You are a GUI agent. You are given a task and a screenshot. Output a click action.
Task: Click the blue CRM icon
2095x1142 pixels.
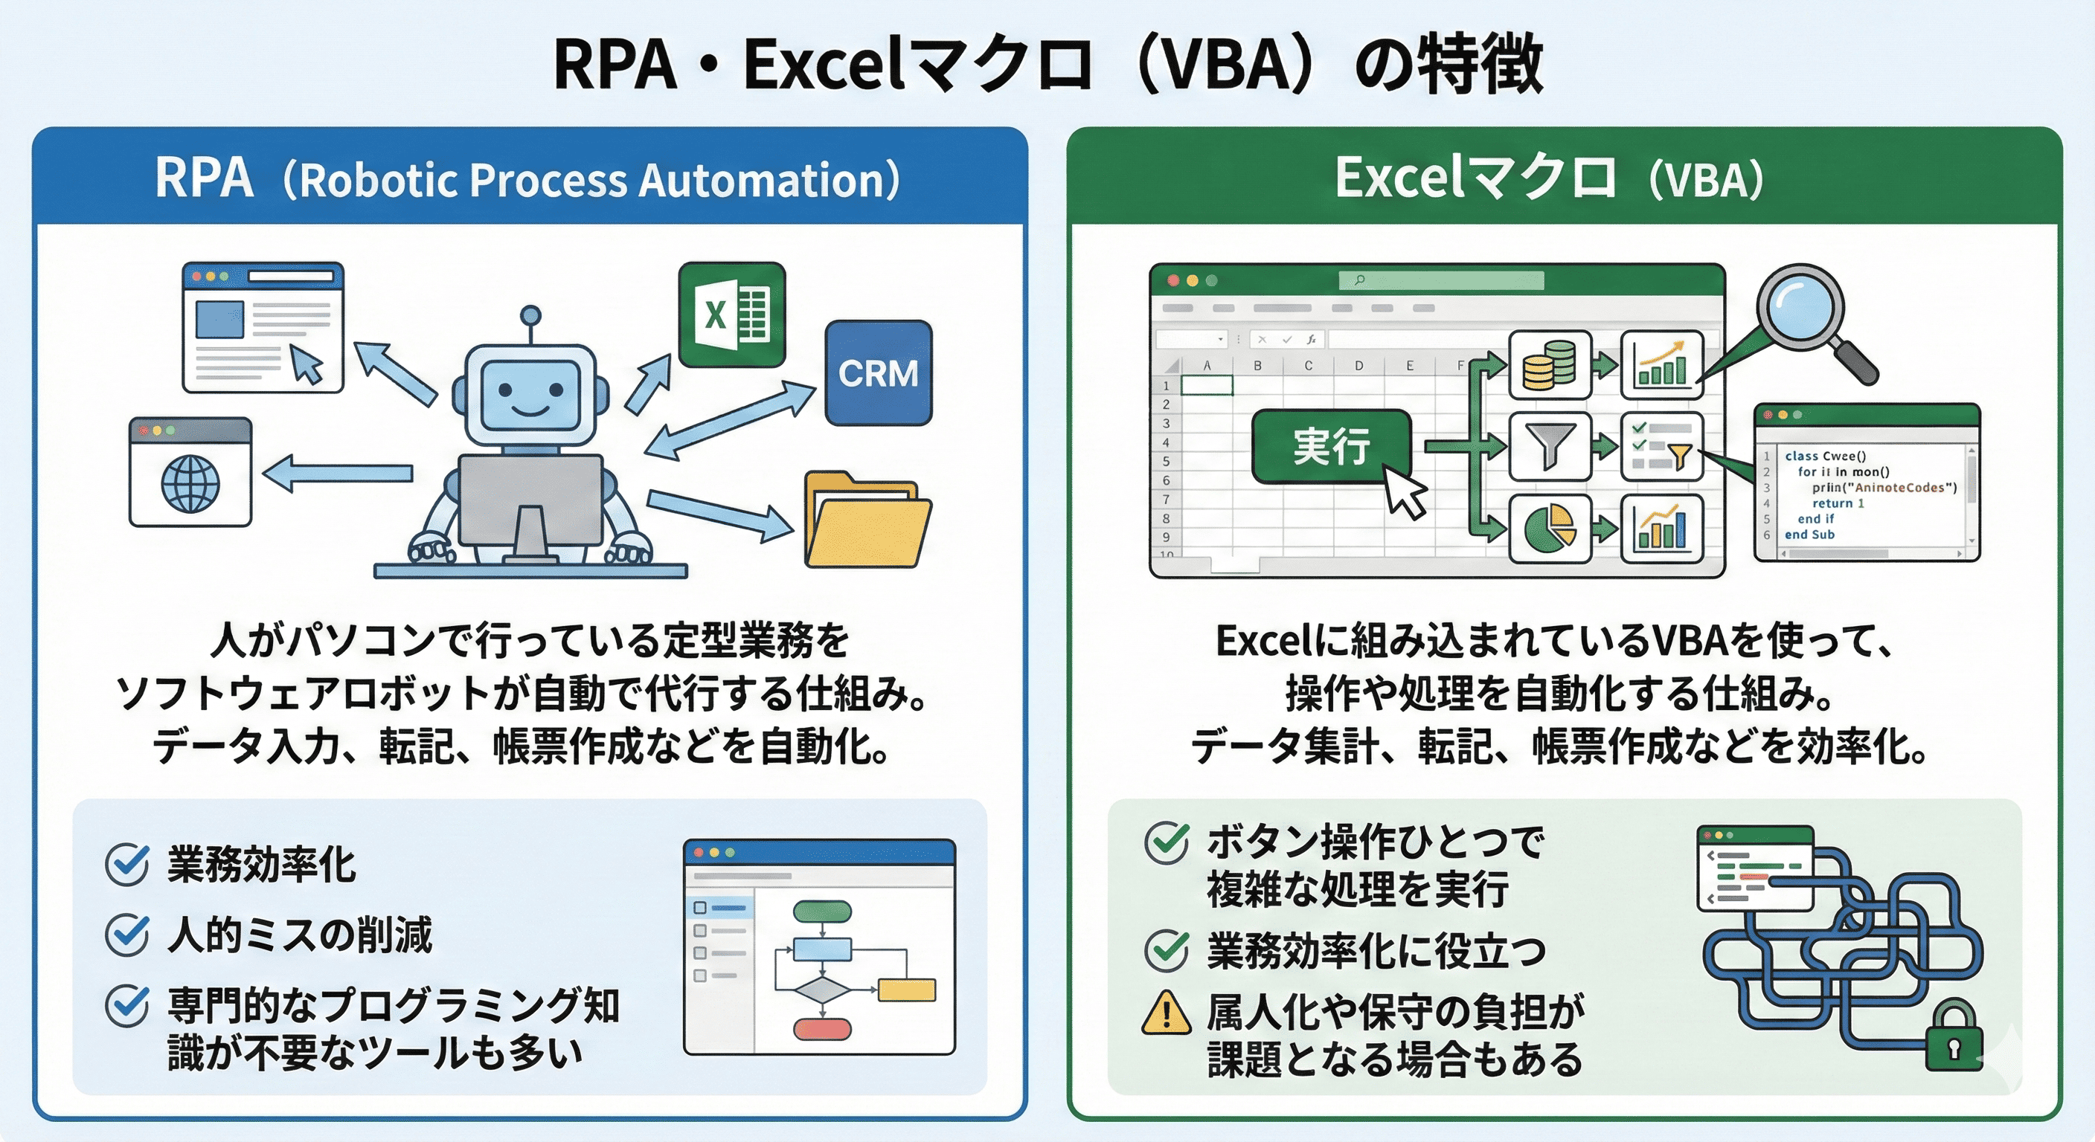pyautogui.click(x=879, y=373)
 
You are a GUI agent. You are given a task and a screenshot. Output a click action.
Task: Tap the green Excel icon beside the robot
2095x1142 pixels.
pyautogui.click(x=732, y=314)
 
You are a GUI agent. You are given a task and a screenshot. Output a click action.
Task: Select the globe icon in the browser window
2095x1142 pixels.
pyautogui.click(x=190, y=483)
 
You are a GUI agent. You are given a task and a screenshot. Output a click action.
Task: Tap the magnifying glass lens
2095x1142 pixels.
pyautogui.click(x=1800, y=312)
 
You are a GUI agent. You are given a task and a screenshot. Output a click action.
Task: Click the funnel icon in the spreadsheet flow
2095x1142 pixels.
pyautogui.click(x=1550, y=446)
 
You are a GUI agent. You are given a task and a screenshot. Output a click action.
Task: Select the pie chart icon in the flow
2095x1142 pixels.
pyautogui.click(x=1549, y=529)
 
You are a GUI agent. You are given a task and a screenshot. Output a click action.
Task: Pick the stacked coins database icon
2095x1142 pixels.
pyautogui.click(x=1549, y=365)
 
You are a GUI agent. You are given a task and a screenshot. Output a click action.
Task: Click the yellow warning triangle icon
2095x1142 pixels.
pyautogui.click(x=1167, y=1013)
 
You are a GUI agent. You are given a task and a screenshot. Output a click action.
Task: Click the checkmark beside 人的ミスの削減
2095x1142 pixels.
pyautogui.click(x=128, y=935)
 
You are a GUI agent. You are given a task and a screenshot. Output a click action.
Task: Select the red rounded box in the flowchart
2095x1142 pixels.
pyautogui.click(x=822, y=1029)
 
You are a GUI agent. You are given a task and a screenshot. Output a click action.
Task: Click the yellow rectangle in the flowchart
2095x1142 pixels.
pyautogui.click(x=907, y=989)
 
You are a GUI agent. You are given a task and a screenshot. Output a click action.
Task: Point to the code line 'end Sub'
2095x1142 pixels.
pyautogui.click(x=1809, y=535)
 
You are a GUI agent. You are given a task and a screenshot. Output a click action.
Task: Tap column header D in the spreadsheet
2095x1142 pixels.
pyautogui.click(x=1359, y=366)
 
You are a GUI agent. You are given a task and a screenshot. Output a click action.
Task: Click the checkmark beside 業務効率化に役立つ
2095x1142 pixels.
pyautogui.click(x=1167, y=950)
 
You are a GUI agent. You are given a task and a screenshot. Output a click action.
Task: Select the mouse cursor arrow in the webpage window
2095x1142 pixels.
pyautogui.click(x=307, y=364)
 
